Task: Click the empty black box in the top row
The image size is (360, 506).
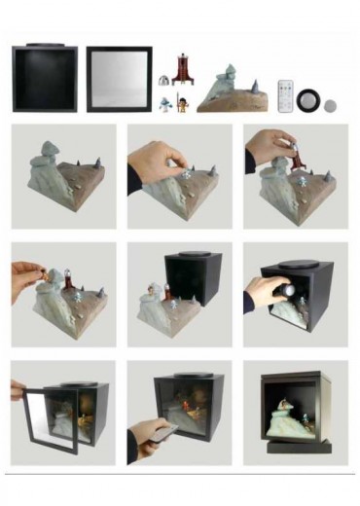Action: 45,79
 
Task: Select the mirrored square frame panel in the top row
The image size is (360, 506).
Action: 119,79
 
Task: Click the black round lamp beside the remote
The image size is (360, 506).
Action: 309,99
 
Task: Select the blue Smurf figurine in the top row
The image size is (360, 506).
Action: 167,101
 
